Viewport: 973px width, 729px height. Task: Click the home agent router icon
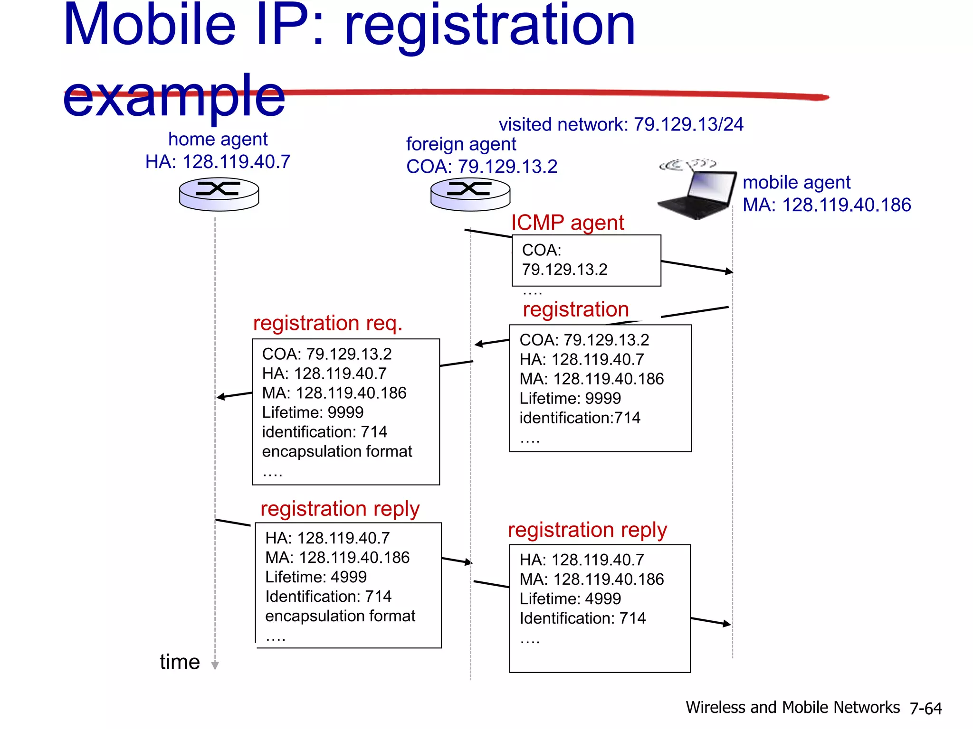[219, 194]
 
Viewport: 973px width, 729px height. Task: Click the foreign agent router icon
[470, 194]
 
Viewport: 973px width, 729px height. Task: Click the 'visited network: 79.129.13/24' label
[620, 124]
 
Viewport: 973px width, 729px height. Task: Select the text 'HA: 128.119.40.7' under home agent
[218, 162]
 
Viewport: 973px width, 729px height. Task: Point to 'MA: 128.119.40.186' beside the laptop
[827, 205]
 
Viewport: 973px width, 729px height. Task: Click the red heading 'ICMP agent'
[567, 223]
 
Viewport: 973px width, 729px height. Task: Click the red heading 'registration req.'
[327, 323]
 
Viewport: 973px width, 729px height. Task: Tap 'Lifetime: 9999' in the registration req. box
[313, 412]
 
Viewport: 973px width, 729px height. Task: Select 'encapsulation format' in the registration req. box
[337, 451]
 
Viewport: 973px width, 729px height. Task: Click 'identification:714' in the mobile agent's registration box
[580, 418]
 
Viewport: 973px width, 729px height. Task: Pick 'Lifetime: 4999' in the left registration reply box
[316, 577]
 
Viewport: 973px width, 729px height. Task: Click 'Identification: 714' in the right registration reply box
[582, 618]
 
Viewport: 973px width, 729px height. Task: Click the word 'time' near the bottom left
[180, 662]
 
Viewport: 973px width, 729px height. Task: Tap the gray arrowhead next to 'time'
[215, 665]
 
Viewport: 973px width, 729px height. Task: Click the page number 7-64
[925, 708]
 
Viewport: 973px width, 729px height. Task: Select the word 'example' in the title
[174, 96]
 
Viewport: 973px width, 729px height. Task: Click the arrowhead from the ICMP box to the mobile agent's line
[729, 271]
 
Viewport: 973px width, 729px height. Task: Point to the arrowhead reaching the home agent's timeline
[220, 397]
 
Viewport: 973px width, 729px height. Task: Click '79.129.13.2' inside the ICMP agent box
[564, 270]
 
